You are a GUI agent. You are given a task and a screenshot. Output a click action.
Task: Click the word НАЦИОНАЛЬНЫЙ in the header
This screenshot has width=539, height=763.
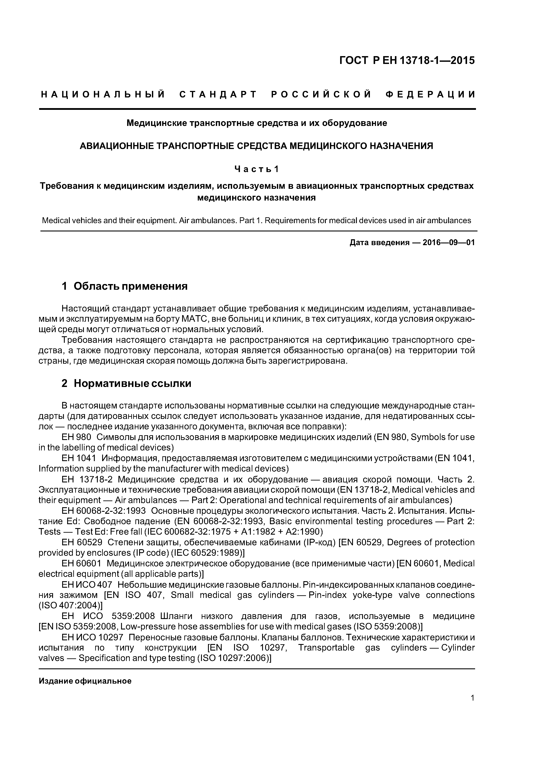point(103,95)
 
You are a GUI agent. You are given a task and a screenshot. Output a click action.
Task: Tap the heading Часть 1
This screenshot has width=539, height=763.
point(257,169)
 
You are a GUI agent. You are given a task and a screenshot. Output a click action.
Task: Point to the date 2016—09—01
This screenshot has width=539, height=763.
point(449,243)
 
